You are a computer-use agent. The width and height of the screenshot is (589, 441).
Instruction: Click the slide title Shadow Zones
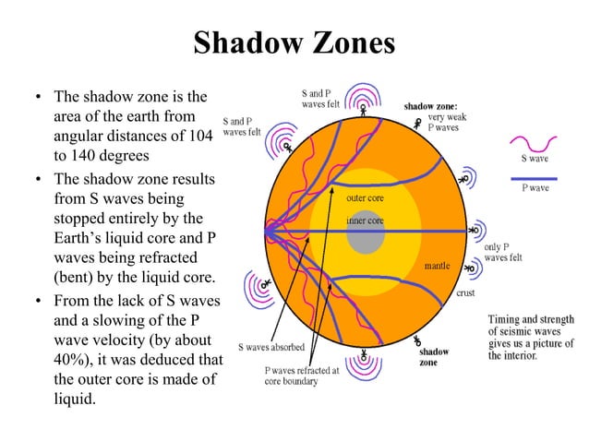click(x=294, y=43)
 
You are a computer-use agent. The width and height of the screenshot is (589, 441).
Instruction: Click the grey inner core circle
click(x=366, y=239)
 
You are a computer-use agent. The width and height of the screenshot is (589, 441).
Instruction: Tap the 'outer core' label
click(x=365, y=198)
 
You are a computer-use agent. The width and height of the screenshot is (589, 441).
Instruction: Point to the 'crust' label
click(x=466, y=293)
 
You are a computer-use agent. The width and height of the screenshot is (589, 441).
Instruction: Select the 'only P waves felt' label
click(x=503, y=253)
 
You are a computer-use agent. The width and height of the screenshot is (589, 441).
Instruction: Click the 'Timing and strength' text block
click(x=531, y=337)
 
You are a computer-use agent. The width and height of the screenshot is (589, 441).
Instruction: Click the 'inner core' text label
click(x=365, y=221)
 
